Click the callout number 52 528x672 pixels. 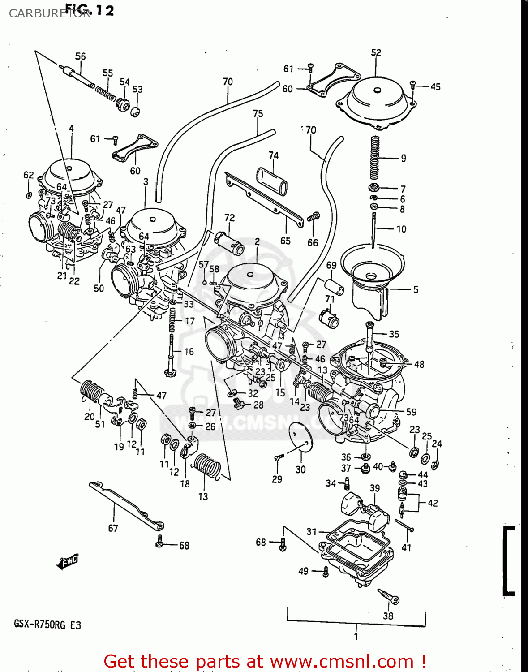pyautogui.click(x=376, y=52)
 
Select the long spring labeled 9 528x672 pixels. pyautogui.click(x=374, y=158)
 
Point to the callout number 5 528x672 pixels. pyautogui.click(x=416, y=290)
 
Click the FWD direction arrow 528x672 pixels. pyautogui.click(x=68, y=561)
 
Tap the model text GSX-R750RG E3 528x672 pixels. pyautogui.click(x=47, y=624)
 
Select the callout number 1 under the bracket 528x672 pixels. pyautogui.click(x=356, y=637)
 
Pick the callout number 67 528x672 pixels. pyautogui.click(x=113, y=528)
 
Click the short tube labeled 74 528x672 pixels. pyautogui.click(x=272, y=181)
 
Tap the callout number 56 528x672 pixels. pyautogui.click(x=80, y=56)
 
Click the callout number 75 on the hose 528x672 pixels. pyautogui.click(x=258, y=114)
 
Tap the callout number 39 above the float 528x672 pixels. pyautogui.click(x=375, y=488)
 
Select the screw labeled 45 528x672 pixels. pyautogui.click(x=413, y=84)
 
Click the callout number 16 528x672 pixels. pyautogui.click(x=189, y=352)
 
